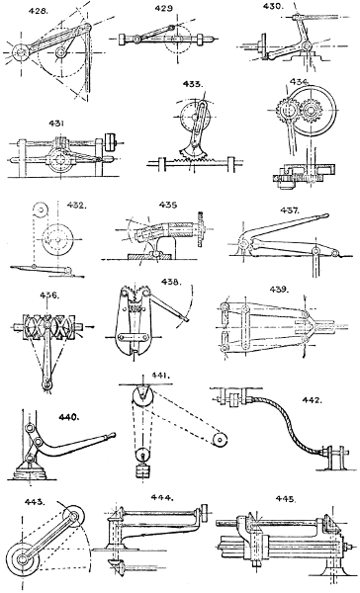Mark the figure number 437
tap(290, 211)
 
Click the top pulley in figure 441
tap(143, 398)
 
